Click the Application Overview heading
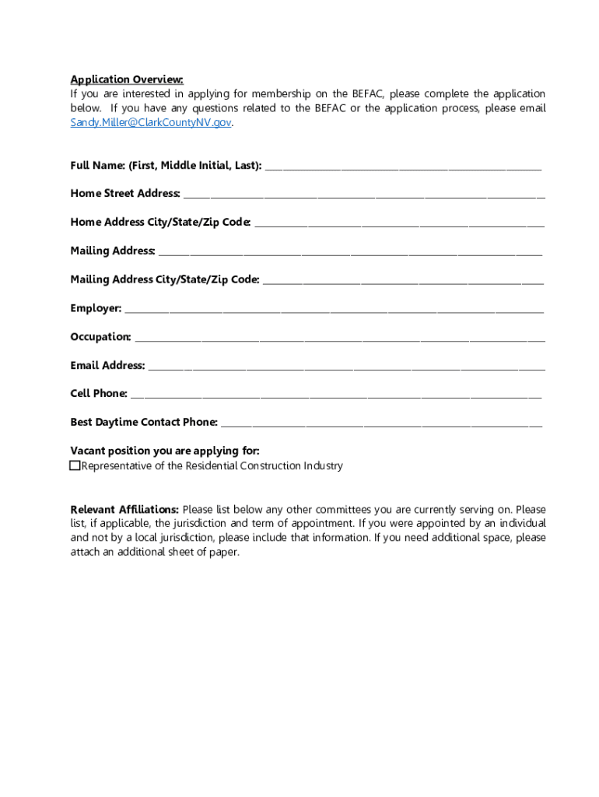click(x=127, y=79)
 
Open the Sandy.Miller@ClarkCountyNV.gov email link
click(x=151, y=123)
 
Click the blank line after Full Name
click(x=402, y=167)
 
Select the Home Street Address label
click(x=124, y=194)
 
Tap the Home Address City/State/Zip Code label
click(x=160, y=223)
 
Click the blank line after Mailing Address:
click(x=350, y=251)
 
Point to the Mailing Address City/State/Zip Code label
click(x=165, y=279)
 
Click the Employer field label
click(x=96, y=308)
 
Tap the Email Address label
click(x=107, y=365)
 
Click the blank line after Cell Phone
click(x=335, y=394)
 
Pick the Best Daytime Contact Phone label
click(x=144, y=423)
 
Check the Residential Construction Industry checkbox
click(x=75, y=466)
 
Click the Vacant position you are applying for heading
click(x=165, y=451)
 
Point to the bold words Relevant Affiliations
click(x=124, y=510)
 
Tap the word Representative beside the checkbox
click(x=117, y=466)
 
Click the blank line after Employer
click(x=335, y=309)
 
